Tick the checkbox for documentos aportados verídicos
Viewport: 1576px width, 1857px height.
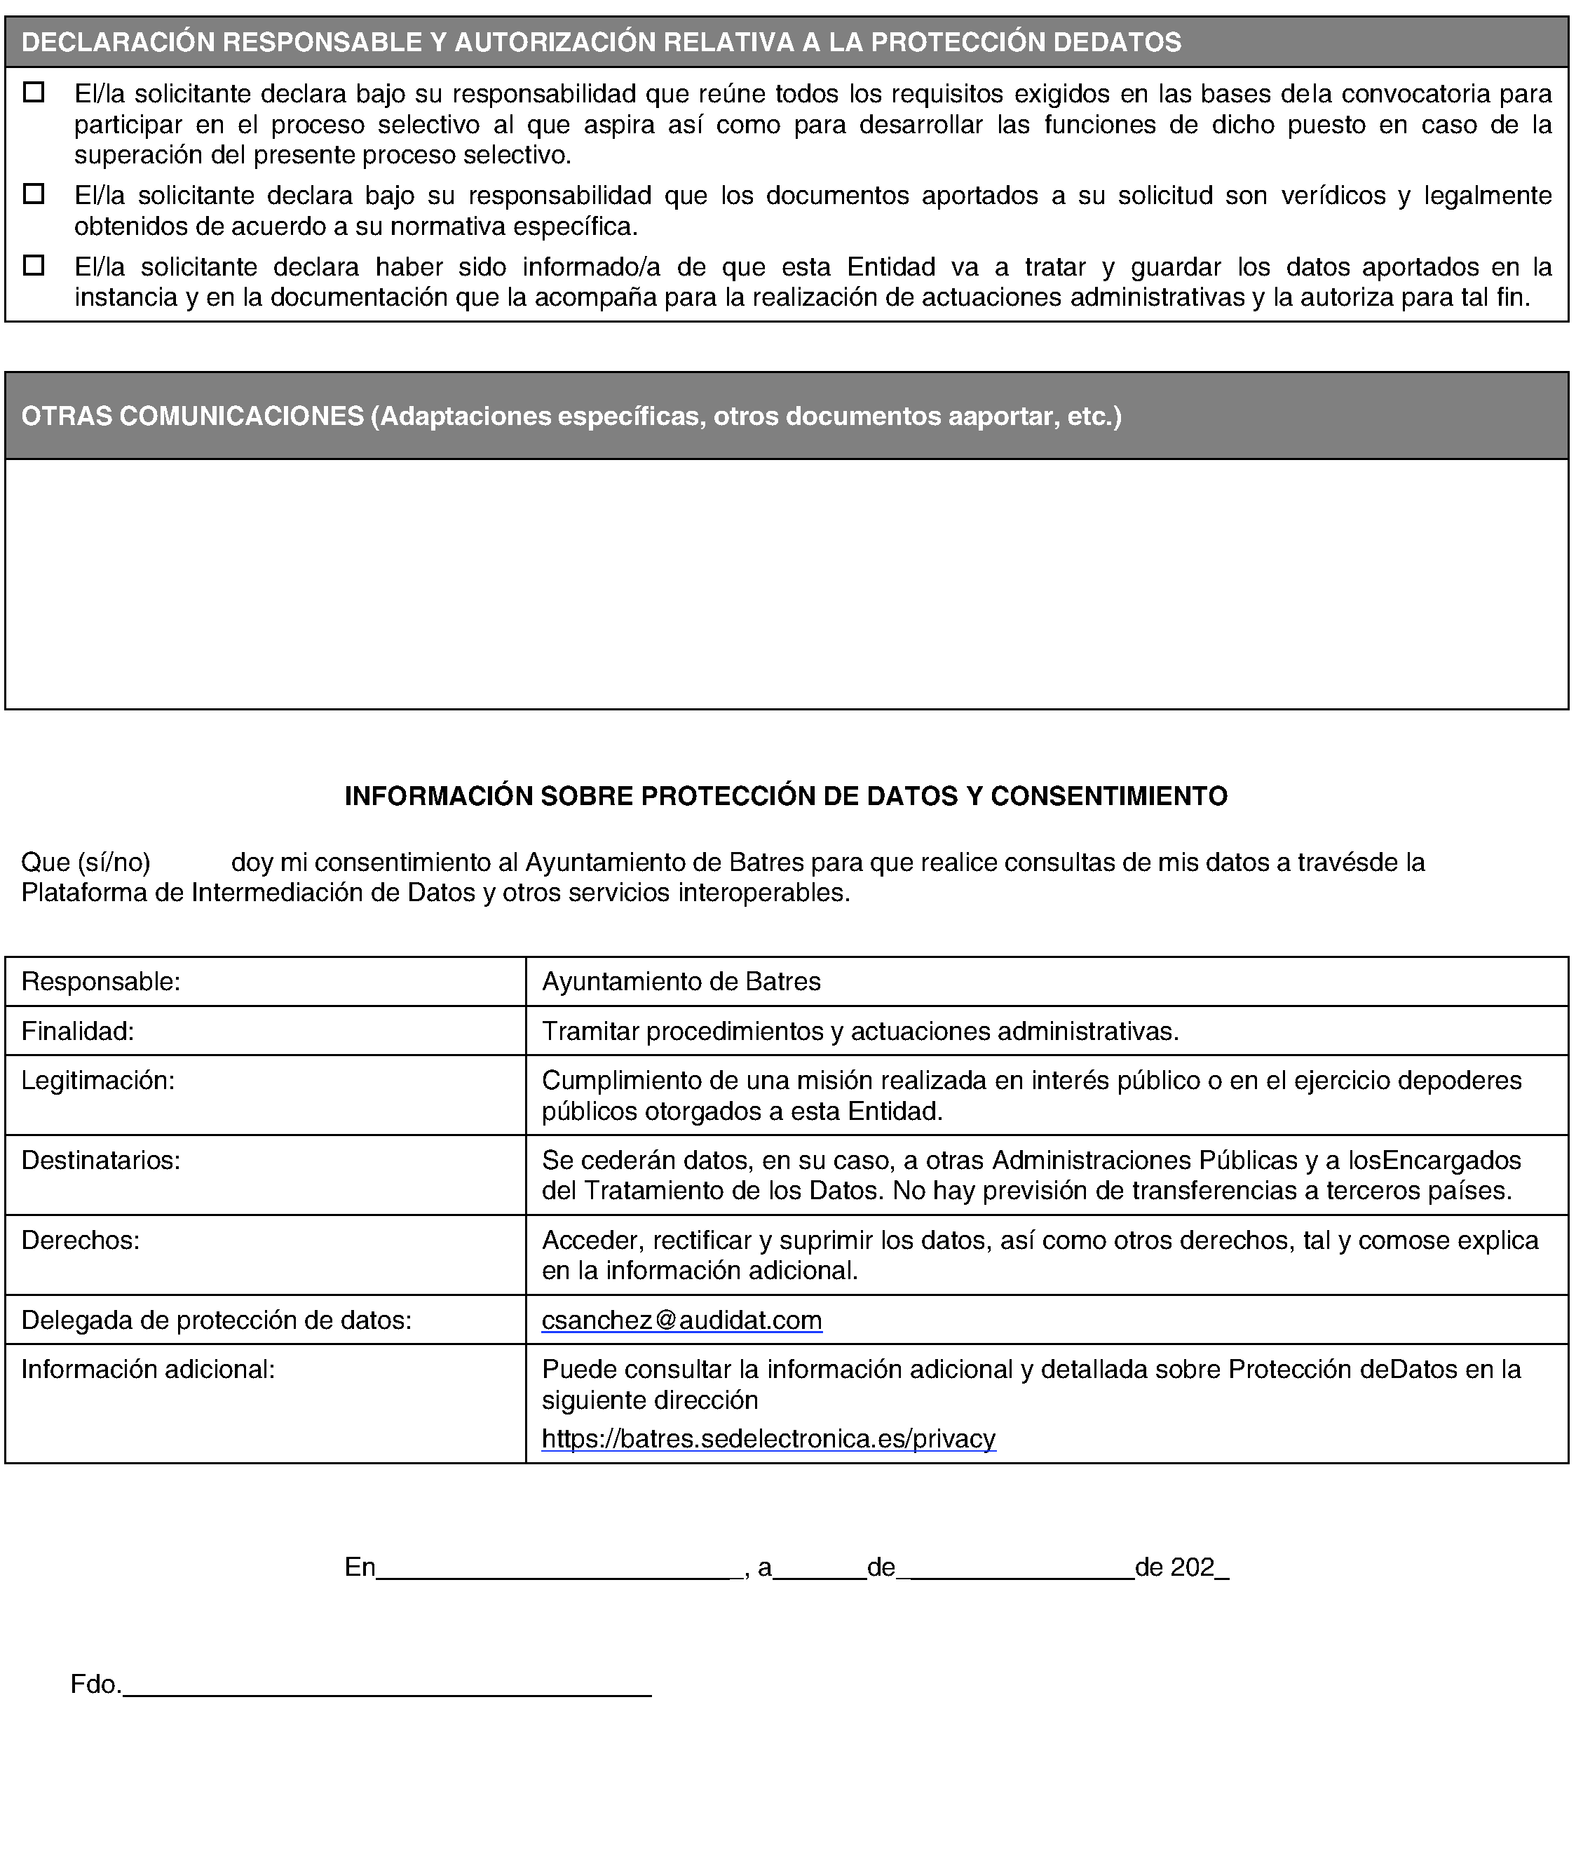pos(34,194)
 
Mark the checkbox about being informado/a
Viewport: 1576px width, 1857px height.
pos(34,265)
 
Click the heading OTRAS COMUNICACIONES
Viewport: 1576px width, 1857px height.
pos(192,417)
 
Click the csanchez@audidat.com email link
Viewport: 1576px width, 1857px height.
pos(681,1320)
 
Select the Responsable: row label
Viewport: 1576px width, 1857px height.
pos(101,981)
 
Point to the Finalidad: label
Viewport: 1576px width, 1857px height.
pos(78,1032)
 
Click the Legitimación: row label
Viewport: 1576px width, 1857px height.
pos(98,1081)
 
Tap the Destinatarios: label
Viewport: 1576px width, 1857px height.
pos(101,1160)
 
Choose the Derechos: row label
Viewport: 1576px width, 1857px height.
pos(81,1241)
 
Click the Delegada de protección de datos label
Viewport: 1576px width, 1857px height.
pos(216,1320)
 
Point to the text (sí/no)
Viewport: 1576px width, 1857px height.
pos(114,863)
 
